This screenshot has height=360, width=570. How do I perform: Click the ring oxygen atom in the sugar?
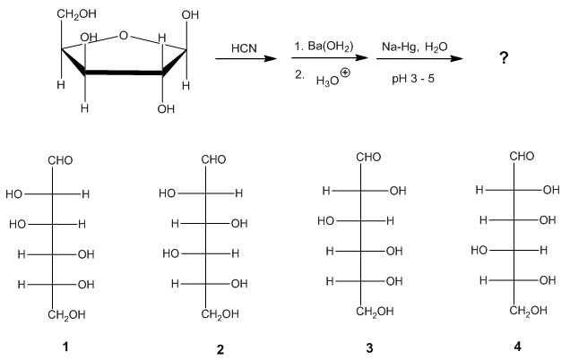click(124, 36)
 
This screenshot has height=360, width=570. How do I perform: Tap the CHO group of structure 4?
click(521, 156)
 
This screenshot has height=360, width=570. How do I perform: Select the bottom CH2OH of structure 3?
click(367, 312)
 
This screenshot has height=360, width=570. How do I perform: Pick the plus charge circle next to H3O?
click(345, 74)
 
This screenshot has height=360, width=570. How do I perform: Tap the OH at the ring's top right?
click(191, 15)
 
